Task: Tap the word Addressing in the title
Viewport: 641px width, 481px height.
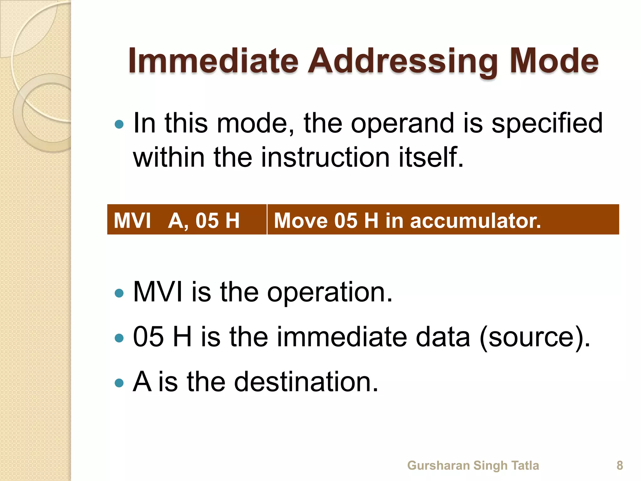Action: pyautogui.click(x=403, y=61)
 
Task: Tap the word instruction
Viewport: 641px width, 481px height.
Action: pyautogui.click(x=325, y=157)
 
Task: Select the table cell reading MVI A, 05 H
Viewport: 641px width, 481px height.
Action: pyautogui.click(x=187, y=220)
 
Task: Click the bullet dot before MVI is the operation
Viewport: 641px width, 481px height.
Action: pyautogui.click(x=119, y=293)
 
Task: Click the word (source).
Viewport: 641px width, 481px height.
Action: pyautogui.click(x=534, y=337)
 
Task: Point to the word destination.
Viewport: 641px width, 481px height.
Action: pyautogui.click(x=306, y=382)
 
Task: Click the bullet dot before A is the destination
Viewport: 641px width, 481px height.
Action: pyautogui.click(x=119, y=383)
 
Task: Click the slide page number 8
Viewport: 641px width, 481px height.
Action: pyautogui.click(x=620, y=465)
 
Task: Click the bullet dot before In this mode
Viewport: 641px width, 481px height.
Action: pyautogui.click(x=119, y=125)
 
